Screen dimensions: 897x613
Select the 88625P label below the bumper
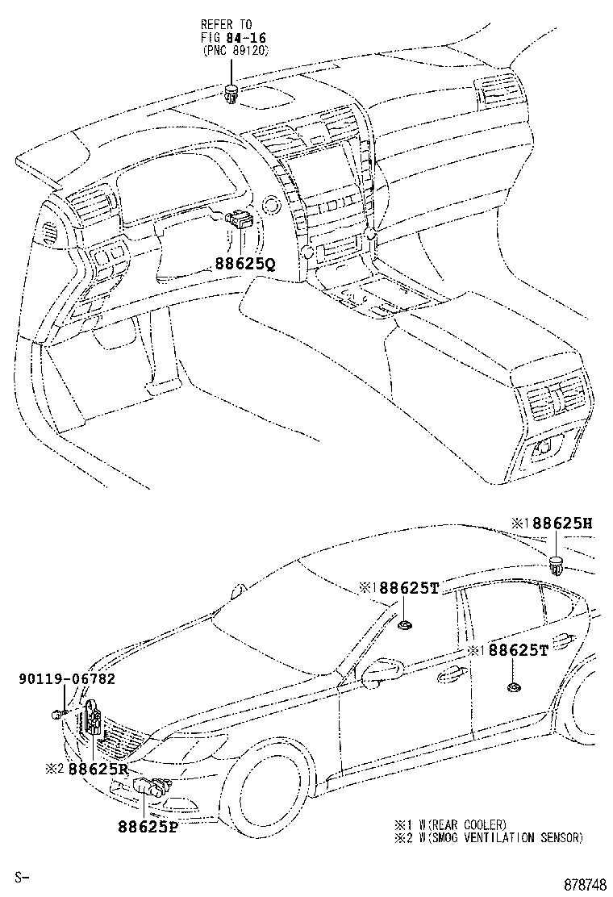pyautogui.click(x=147, y=827)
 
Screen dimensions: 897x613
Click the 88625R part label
pyautogui.click(x=98, y=769)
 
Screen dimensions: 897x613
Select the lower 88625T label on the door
pyautogui.click(x=518, y=650)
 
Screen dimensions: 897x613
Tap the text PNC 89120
pyautogui.click(x=235, y=50)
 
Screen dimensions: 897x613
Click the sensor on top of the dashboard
pyautogui.click(x=231, y=93)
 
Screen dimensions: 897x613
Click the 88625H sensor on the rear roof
pyautogui.click(x=556, y=563)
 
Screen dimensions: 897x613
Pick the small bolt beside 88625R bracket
pyautogui.click(x=57, y=714)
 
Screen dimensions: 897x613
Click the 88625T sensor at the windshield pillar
pyautogui.click(x=406, y=622)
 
